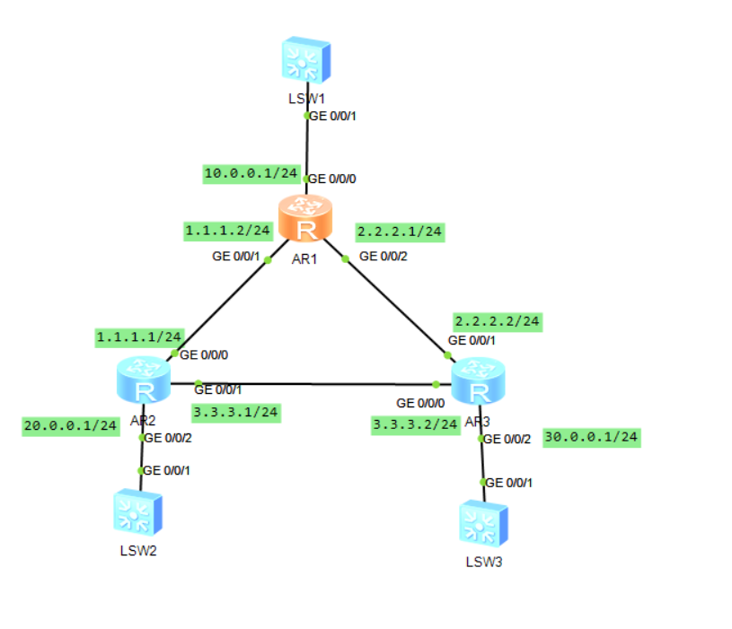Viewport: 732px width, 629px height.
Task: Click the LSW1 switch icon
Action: (304, 61)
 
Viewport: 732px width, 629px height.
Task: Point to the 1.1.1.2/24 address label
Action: (228, 231)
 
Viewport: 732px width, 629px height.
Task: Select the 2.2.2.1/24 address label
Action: (400, 232)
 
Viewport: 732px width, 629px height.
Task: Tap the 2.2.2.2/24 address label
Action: (498, 320)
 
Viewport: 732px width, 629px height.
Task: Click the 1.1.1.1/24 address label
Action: (139, 336)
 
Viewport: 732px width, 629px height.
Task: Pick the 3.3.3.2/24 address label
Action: (416, 424)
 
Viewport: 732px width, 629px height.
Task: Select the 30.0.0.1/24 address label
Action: (592, 437)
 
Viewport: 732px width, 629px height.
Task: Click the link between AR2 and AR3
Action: (314, 384)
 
